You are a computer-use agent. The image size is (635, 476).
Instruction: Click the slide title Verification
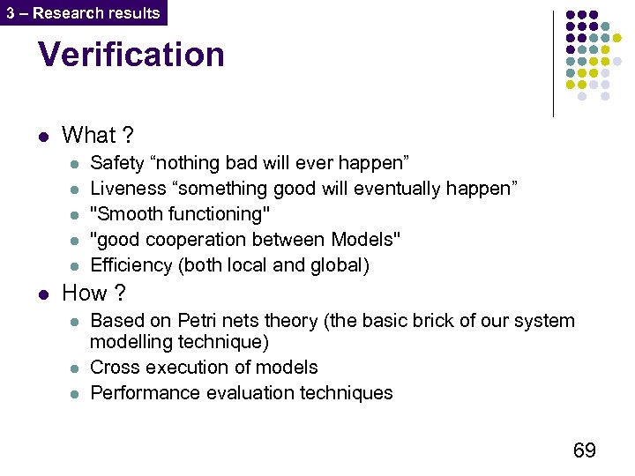(x=131, y=55)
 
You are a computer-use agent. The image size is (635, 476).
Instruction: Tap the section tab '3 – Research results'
(x=83, y=12)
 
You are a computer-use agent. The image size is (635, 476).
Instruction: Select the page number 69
(x=584, y=450)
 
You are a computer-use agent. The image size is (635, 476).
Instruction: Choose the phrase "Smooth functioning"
(x=181, y=214)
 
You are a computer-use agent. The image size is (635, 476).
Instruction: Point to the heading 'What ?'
(x=97, y=135)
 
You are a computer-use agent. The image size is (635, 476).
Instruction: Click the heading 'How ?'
(x=93, y=293)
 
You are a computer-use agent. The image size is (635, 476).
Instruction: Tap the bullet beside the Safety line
(x=74, y=164)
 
